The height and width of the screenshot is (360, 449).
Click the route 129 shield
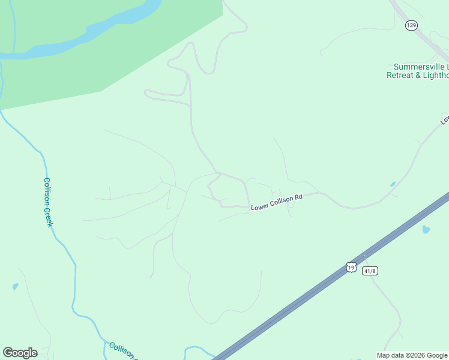[411, 25]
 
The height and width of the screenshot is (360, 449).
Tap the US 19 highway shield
[351, 267]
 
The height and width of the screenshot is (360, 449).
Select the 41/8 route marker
[370, 271]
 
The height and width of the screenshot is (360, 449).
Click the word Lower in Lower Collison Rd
[259, 207]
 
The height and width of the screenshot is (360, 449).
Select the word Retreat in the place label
[400, 76]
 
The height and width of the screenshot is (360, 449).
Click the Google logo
[20, 353]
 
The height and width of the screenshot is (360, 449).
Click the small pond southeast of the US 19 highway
[426, 229]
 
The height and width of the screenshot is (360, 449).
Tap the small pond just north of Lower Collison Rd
[393, 184]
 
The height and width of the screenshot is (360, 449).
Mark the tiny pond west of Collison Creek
[15, 287]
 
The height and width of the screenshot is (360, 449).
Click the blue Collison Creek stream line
[76, 282]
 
